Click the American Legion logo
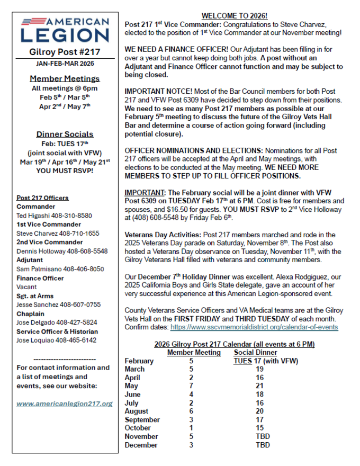point(65,29)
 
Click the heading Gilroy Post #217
point(65,52)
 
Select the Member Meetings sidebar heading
point(65,78)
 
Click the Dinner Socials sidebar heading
point(65,134)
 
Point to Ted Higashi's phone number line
point(55,216)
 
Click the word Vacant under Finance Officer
point(28,288)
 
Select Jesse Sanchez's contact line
point(58,304)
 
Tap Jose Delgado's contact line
point(57,322)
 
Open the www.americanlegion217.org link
point(65,404)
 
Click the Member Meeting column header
point(194,352)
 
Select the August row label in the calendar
point(137,411)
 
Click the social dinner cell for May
point(259,386)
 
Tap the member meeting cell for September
point(191,420)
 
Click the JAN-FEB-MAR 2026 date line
point(65,64)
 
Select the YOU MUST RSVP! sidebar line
point(65,171)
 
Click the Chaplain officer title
point(31,313)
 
